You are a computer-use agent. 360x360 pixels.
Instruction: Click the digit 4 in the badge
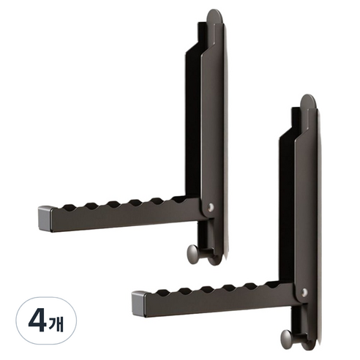37,320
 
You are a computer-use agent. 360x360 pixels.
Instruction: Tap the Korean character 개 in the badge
56,323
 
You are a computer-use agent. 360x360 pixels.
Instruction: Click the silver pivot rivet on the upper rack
211,207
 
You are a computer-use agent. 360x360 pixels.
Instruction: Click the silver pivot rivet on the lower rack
304,292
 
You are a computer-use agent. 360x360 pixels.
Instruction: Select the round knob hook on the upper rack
193,253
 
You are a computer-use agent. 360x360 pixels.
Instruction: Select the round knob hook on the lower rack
287,338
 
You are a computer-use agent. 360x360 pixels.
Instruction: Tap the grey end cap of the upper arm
45,218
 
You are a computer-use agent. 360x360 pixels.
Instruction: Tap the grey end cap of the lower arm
139,304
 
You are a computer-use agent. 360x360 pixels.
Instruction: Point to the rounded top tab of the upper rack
214,17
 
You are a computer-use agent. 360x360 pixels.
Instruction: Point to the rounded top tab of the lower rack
308,102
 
